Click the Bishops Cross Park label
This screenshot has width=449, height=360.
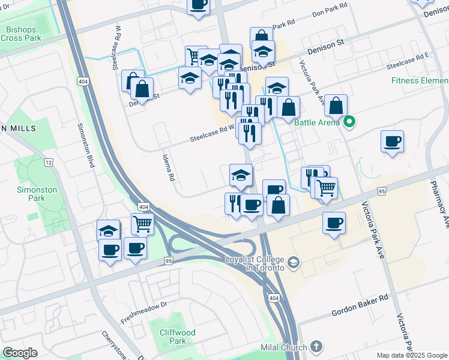pyautogui.click(x=20, y=34)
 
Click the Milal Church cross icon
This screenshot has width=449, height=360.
pyautogui.click(x=316, y=347)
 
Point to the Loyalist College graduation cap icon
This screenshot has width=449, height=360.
pyautogui.click(x=294, y=262)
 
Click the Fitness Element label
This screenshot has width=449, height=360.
pyautogui.click(x=420, y=80)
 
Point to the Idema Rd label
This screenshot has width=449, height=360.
pyautogui.click(x=170, y=166)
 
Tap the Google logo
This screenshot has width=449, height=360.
pyautogui.click(x=20, y=352)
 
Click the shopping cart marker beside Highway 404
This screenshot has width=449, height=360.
pyautogui.click(x=143, y=225)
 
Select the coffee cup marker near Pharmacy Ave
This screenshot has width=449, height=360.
pyautogui.click(x=392, y=142)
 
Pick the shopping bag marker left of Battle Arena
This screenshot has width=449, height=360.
pyautogui.click(x=337, y=105)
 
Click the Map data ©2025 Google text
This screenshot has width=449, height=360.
pyautogui.click(x=412, y=355)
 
